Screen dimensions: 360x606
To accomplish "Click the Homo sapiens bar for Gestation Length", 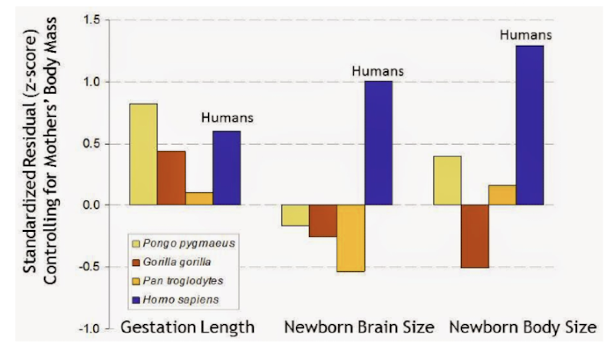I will click(227, 168).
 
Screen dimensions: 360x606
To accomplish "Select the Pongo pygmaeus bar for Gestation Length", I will click(143, 154).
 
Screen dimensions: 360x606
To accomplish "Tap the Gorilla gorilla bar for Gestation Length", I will click(171, 177).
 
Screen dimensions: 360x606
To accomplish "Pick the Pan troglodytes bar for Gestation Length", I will click(198, 198).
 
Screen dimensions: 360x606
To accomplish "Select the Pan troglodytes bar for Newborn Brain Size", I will click(350, 238).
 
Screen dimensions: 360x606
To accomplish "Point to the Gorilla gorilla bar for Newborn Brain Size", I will click(322, 220).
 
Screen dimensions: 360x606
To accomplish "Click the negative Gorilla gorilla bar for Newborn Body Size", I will click(474, 235).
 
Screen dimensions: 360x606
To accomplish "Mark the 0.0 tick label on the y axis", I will click(89, 205).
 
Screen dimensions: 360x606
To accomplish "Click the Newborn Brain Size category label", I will click(358, 328).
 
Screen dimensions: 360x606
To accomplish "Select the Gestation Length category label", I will click(188, 328).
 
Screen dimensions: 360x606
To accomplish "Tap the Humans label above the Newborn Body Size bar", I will click(526, 35).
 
